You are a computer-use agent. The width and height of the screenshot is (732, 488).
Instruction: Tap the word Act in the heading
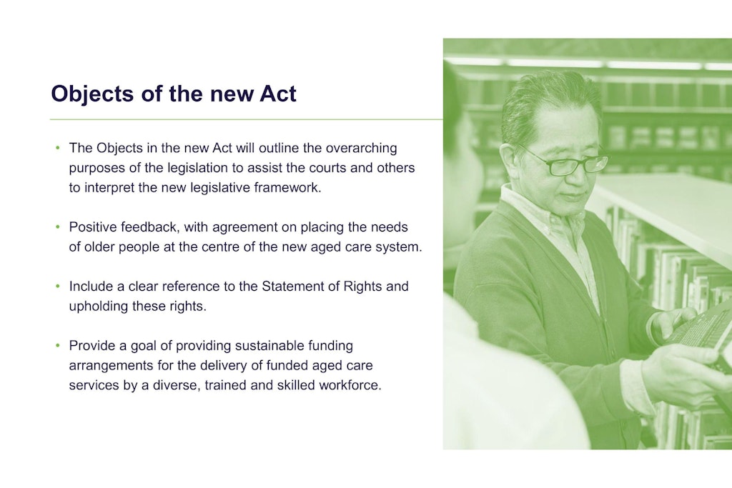[x=278, y=94]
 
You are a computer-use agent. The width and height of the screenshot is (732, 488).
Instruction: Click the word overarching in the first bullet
[x=361, y=148]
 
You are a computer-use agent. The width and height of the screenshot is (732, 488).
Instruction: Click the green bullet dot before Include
[x=58, y=287]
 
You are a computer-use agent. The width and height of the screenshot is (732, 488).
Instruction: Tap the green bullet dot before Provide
[x=58, y=346]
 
